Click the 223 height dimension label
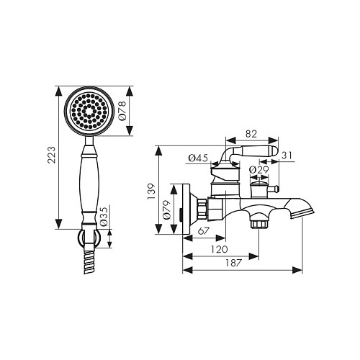click(51, 155)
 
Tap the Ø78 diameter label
click(122, 111)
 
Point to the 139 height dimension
click(151, 192)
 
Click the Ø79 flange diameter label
click(167, 210)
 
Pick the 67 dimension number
click(204, 231)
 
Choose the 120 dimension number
click(219, 249)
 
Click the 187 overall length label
click(233, 263)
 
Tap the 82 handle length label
click(251, 134)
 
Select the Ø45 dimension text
click(198, 158)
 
